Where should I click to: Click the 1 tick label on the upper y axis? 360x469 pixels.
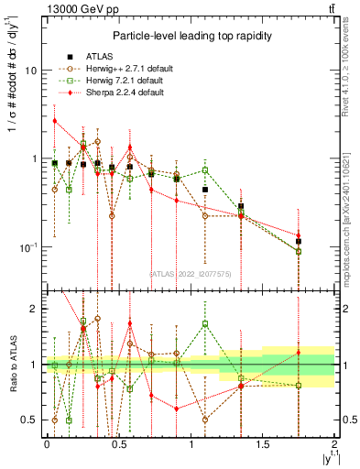(x=34, y=159)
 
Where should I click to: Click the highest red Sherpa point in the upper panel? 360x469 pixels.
(x=55, y=121)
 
